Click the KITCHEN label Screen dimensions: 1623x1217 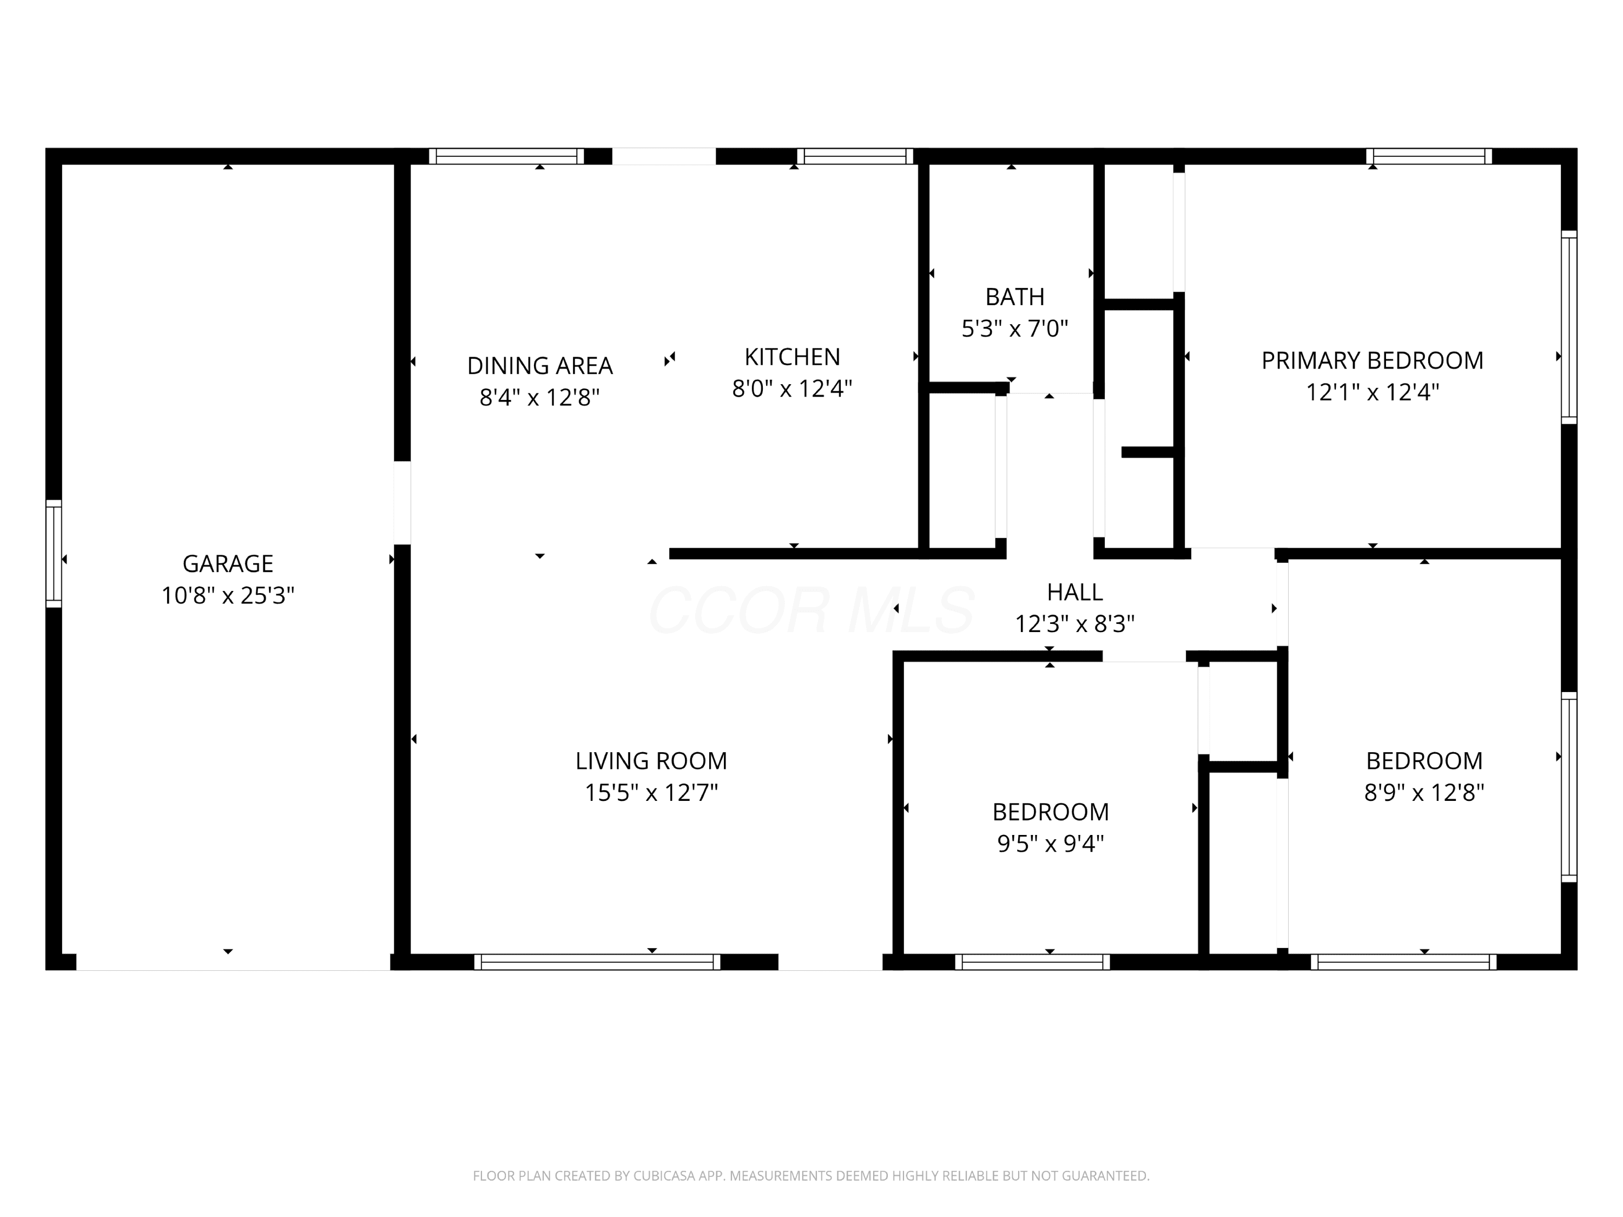tap(793, 357)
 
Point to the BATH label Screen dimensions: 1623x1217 tap(1015, 297)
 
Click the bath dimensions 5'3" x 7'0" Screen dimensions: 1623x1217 tap(1015, 328)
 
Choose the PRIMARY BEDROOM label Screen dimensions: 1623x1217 tap(1372, 360)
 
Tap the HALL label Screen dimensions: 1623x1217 tap(1074, 591)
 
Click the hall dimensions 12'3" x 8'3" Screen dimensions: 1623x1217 tap(1074, 623)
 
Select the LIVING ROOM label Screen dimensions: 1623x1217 tap(651, 760)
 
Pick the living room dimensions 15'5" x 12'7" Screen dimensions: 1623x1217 tap(651, 792)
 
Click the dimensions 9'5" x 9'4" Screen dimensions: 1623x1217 tap(1050, 844)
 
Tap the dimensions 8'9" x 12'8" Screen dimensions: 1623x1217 tap(1423, 792)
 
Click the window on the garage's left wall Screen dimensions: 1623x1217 tap(54, 554)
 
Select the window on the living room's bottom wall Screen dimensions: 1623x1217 tap(597, 962)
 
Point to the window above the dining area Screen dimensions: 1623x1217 tap(506, 156)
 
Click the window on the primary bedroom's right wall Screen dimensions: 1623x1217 tap(1569, 327)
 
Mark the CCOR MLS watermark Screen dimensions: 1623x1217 tap(811, 610)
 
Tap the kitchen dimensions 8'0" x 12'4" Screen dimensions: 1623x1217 tap(793, 389)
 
